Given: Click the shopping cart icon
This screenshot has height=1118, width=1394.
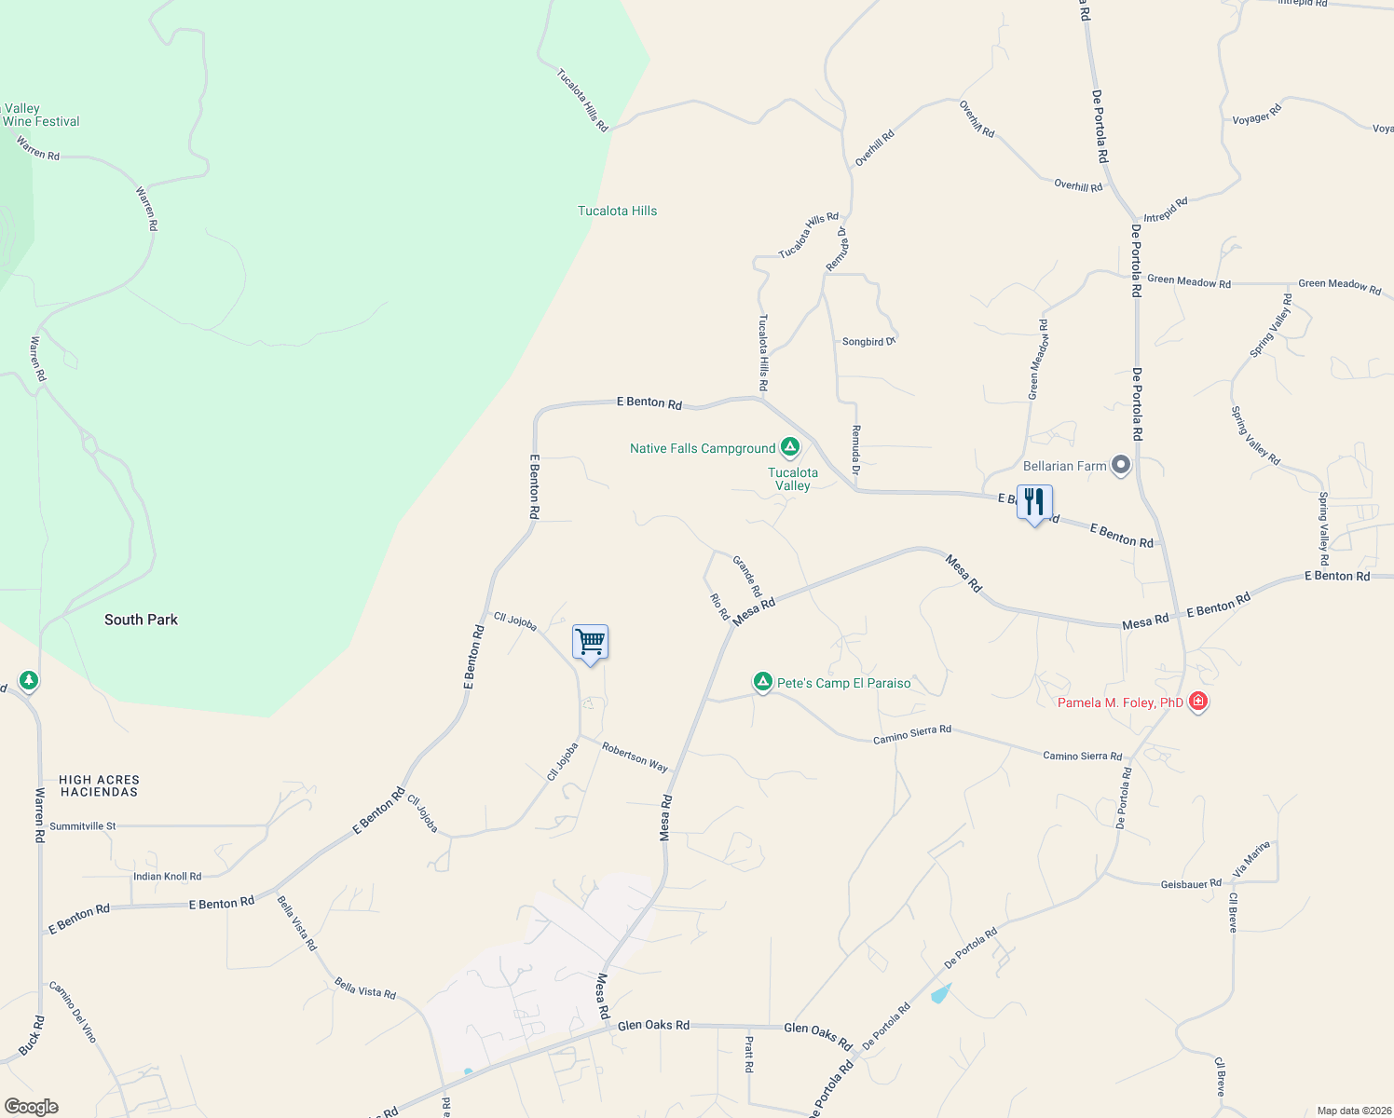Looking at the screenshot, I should coord(590,642).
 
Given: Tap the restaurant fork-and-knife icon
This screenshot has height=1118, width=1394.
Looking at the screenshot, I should coord(1034,502).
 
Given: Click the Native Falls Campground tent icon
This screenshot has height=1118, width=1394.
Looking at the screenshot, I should coord(790,448).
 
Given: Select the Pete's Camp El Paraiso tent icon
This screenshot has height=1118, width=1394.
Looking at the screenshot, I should coord(763,683).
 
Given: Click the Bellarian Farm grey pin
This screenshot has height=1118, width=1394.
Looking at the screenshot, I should coord(1121,465).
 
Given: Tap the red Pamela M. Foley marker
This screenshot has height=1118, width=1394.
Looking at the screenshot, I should coord(1198,702).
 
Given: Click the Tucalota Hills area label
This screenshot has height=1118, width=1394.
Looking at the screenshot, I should coord(617,211).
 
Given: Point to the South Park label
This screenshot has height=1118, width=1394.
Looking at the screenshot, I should coord(141,620).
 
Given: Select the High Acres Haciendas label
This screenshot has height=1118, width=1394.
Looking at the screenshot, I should coord(99,785).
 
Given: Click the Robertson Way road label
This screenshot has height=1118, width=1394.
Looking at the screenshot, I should coord(635,757).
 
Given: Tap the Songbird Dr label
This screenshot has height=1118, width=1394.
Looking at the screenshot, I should coord(868,342).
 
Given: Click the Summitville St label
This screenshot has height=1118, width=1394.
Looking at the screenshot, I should coord(83,826).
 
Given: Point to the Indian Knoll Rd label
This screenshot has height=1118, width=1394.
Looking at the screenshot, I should coord(167,877).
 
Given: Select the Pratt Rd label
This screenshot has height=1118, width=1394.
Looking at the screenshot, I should coord(748,1054).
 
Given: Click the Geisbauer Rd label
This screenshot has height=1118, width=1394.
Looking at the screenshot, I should coord(1191,884).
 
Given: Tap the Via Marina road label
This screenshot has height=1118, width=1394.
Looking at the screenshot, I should coord(1251,858).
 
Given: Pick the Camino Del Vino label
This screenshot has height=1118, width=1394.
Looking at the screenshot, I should coord(72,1012).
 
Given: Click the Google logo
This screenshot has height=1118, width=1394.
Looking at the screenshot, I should coord(31,1107).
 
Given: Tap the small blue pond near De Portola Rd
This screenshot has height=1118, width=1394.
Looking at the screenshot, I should coord(940,993).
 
